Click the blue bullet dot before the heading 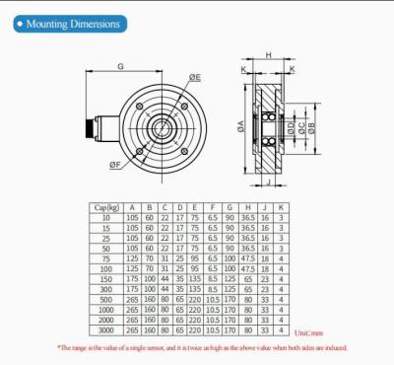[20, 22]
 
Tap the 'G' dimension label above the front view [120, 67]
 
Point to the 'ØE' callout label [196, 77]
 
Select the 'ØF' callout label [116, 164]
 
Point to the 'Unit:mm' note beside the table [308, 332]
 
